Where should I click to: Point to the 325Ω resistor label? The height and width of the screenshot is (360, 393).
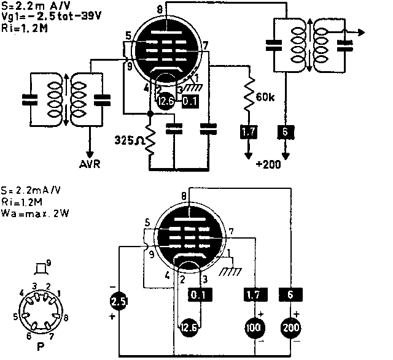point(129,139)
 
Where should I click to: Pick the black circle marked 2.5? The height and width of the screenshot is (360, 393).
point(119,301)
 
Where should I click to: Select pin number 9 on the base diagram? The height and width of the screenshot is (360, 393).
point(48,262)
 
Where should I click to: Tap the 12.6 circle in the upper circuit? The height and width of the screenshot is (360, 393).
point(165,102)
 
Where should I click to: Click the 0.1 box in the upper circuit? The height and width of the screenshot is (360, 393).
point(190,101)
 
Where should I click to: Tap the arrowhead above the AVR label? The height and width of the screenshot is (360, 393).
point(91,154)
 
